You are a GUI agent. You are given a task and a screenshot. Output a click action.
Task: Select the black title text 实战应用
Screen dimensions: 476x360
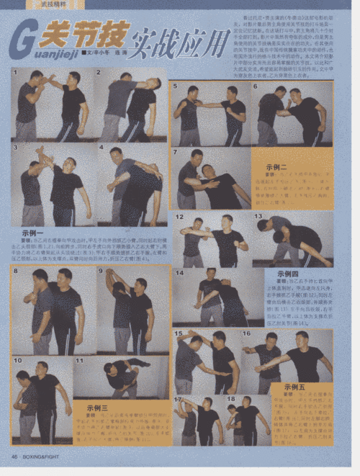pyautogui.click(x=180, y=44)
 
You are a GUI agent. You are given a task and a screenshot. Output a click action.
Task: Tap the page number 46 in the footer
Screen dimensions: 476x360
pyautogui.click(x=14, y=457)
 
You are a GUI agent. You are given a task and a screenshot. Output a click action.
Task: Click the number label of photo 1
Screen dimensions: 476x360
pyautogui.click(x=15, y=72)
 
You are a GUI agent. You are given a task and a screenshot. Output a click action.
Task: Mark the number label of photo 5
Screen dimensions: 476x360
pyautogui.click(x=175, y=86)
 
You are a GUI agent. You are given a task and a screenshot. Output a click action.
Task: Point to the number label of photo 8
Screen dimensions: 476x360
pyautogui.click(x=15, y=271)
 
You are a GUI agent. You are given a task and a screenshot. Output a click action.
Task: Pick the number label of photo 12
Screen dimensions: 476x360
pyautogui.click(x=179, y=216)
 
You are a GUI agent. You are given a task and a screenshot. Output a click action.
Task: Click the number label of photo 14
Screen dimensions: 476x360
pyautogui.click(x=179, y=273)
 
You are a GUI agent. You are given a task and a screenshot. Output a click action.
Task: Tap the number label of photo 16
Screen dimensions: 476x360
pyautogui.click(x=247, y=333)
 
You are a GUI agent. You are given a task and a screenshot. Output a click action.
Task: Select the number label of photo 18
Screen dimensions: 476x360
pyautogui.click(x=231, y=398)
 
